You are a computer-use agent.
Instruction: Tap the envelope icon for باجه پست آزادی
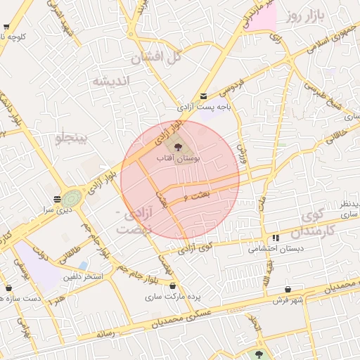(x=203, y=96)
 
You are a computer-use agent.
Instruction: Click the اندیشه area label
(x=112, y=82)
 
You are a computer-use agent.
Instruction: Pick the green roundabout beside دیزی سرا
(x=71, y=198)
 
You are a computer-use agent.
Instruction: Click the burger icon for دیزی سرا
(x=56, y=199)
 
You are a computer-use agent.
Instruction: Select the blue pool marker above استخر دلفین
(x=83, y=265)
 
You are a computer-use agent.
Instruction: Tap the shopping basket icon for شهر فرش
(x=288, y=290)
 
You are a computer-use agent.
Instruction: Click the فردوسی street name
(x=232, y=89)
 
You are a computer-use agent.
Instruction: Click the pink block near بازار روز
(x=262, y=18)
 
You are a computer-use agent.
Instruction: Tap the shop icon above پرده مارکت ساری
(x=173, y=286)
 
